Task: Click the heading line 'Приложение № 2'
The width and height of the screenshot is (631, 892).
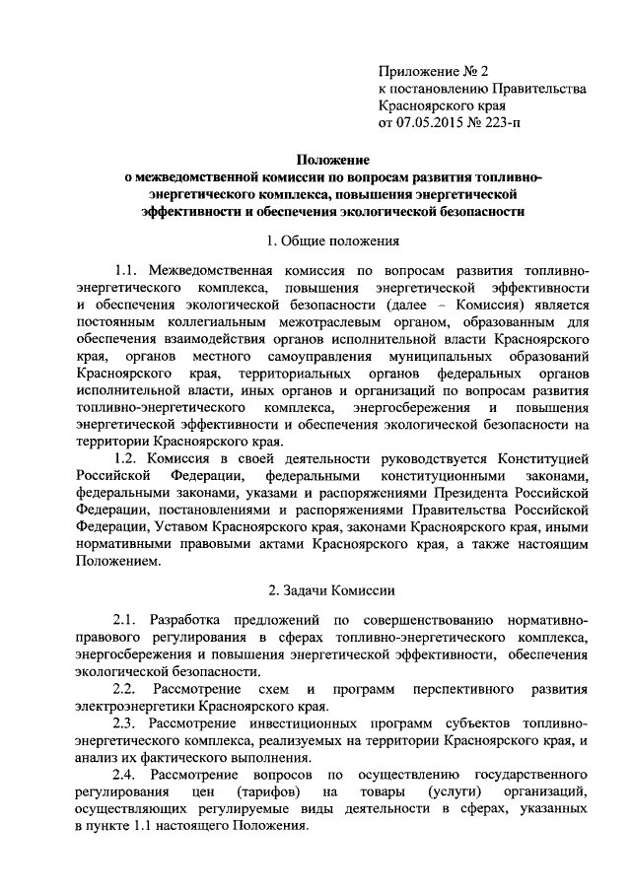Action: pos(434,70)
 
